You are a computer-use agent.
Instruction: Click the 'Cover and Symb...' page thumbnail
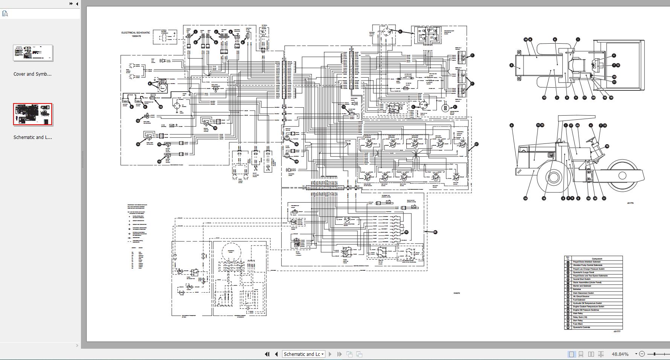tap(33, 53)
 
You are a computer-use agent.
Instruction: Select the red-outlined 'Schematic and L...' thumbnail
tap(33, 114)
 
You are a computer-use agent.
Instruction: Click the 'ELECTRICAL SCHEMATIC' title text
tap(136, 33)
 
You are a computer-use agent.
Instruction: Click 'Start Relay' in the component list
tap(578, 320)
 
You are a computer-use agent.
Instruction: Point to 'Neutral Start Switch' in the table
tap(581, 279)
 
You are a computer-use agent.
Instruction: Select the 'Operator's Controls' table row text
tap(581, 327)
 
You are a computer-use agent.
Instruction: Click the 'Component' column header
tap(597, 259)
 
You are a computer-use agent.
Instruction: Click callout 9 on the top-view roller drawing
tap(511, 65)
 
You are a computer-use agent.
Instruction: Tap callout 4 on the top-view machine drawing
tap(614, 55)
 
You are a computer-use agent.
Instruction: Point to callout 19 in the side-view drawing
tap(607, 146)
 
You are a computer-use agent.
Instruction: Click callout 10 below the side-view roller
tap(525, 198)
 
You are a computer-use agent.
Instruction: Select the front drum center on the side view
tap(622, 175)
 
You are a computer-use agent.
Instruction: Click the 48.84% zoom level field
tap(620, 354)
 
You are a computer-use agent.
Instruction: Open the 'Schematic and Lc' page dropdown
tap(304, 354)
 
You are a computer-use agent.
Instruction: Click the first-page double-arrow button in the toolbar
tap(267, 354)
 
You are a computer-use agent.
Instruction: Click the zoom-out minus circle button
tap(642, 354)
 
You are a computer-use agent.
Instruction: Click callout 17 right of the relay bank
tap(476, 144)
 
